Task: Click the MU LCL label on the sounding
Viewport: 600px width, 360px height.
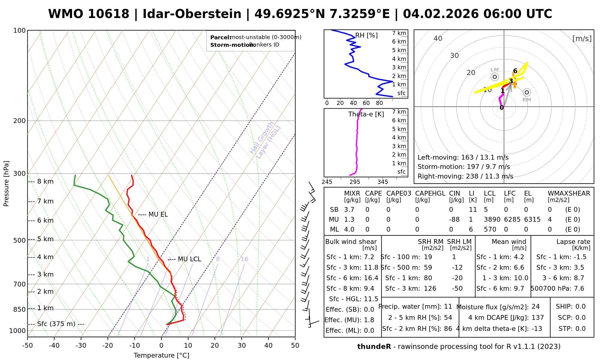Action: point(189,259)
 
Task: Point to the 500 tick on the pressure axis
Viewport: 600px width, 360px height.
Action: point(19,240)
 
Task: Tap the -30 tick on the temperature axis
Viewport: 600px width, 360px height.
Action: point(81,346)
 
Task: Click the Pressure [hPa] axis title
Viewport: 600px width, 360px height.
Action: point(6,184)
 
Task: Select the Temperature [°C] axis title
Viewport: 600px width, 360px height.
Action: point(161,355)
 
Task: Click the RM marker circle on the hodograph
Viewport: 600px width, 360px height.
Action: point(526,92)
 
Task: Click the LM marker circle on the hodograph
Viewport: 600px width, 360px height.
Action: point(495,77)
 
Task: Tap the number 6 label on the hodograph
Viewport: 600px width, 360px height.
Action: point(515,71)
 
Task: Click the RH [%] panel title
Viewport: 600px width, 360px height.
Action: point(366,35)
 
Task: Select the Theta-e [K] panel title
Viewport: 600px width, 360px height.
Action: point(366,114)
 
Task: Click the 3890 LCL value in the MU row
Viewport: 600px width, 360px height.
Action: point(492,220)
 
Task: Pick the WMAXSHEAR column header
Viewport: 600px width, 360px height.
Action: point(569,193)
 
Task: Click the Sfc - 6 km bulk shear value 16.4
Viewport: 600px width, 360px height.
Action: point(371,278)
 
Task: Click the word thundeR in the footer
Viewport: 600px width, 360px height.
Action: point(374,347)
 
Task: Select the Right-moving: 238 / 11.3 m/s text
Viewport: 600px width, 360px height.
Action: point(465,176)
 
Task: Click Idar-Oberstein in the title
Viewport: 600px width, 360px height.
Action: point(192,14)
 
